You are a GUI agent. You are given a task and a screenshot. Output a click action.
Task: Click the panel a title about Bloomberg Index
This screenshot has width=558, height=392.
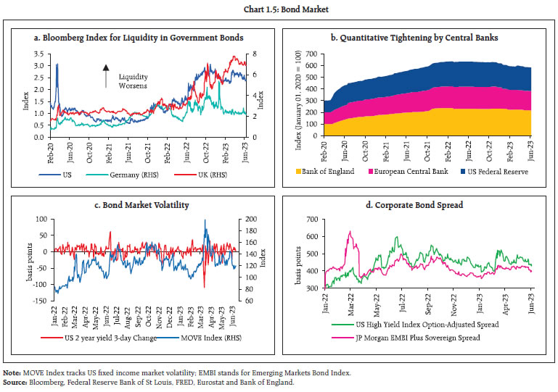(142, 38)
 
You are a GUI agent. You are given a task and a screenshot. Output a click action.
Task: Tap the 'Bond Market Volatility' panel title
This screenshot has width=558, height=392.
(142, 205)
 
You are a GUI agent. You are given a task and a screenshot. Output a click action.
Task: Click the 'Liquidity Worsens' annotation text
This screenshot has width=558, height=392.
(132, 80)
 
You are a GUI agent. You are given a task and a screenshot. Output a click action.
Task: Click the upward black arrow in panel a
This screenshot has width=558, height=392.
(106, 76)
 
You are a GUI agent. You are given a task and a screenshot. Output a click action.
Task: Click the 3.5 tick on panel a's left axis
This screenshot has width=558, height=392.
(39, 54)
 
